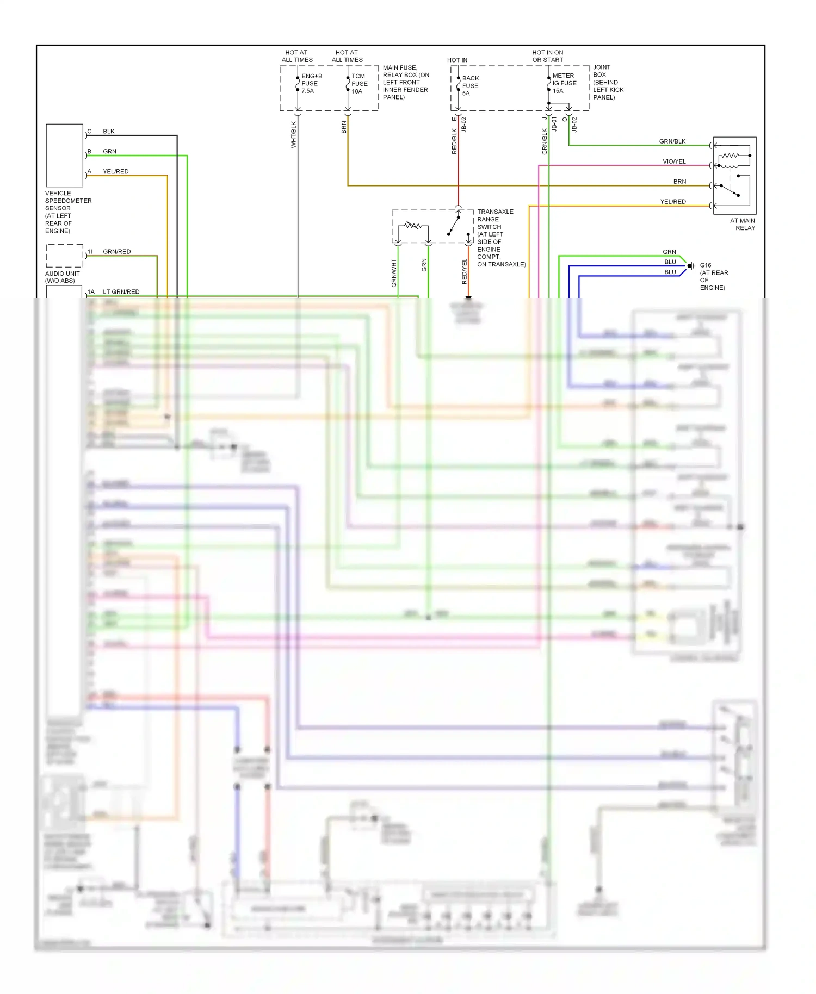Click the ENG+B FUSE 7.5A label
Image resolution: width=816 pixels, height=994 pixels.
pyautogui.click(x=311, y=84)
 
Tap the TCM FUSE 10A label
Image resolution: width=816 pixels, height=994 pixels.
pyautogui.click(x=359, y=84)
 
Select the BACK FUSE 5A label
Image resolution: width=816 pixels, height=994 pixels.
pyautogui.click(x=470, y=86)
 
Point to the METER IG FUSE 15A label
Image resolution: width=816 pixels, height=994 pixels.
pyautogui.click(x=564, y=83)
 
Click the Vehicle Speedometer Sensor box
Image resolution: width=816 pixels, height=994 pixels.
pyautogui.click(x=64, y=156)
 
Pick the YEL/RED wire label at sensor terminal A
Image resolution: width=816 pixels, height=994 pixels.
pyautogui.click(x=115, y=172)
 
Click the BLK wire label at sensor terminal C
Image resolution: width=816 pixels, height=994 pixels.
pyautogui.click(x=109, y=132)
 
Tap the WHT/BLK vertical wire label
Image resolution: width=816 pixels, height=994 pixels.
pyautogui.click(x=294, y=134)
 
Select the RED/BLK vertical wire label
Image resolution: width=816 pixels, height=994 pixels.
pyautogui.click(x=454, y=141)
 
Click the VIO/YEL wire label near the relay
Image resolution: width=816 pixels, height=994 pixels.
pyautogui.click(x=674, y=161)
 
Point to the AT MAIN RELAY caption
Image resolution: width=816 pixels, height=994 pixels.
pyautogui.click(x=743, y=225)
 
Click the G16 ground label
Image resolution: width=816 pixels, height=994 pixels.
pyautogui.click(x=706, y=265)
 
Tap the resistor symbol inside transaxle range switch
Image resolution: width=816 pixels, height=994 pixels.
pyautogui.click(x=413, y=225)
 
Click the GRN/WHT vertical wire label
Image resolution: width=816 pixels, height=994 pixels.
pyautogui.click(x=394, y=272)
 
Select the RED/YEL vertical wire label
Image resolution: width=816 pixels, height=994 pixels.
pyautogui.click(x=464, y=271)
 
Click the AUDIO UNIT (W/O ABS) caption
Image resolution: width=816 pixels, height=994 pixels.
pyautogui.click(x=62, y=277)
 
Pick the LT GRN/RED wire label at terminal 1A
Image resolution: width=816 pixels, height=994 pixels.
pyautogui.click(x=121, y=292)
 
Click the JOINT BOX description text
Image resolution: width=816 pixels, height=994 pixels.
pyautogui.click(x=608, y=82)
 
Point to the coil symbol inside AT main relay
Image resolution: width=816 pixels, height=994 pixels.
pyautogui.click(x=730, y=156)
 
